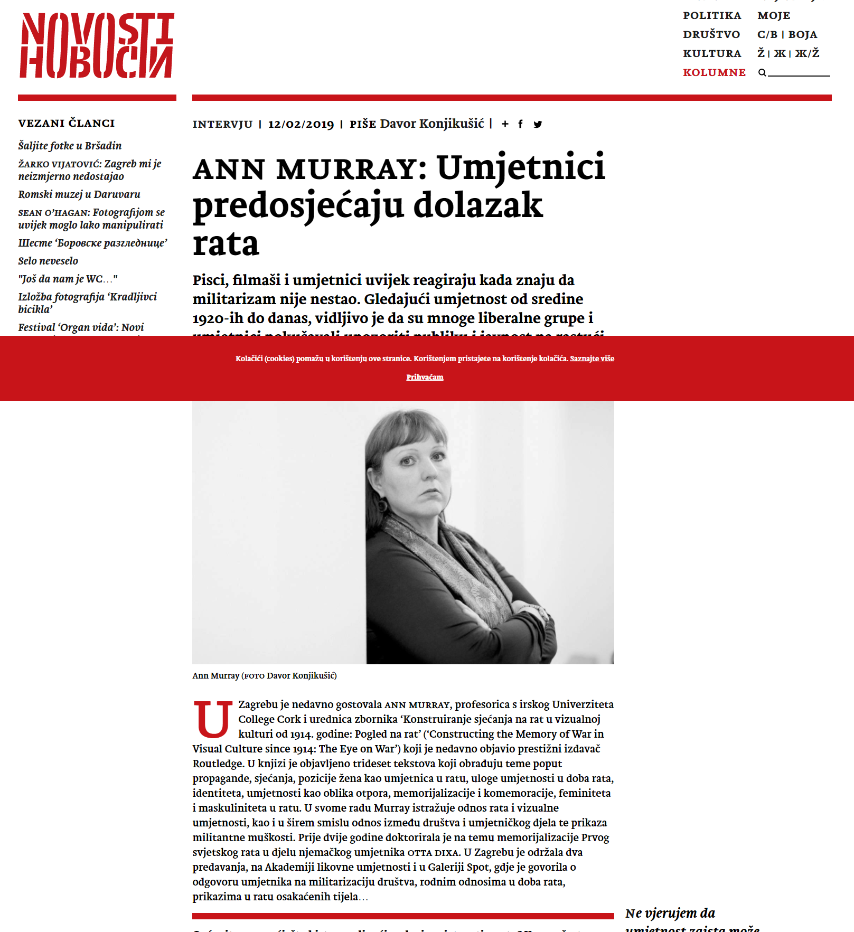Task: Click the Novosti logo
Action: (x=97, y=46)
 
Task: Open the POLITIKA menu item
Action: (x=712, y=16)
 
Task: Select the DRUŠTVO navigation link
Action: (x=711, y=35)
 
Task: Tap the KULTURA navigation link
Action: (x=712, y=54)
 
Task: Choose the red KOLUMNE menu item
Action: (x=714, y=73)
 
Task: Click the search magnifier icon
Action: (x=762, y=73)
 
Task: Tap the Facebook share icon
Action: (x=520, y=124)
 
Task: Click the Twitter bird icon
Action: (x=538, y=125)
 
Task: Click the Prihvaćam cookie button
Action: (x=425, y=377)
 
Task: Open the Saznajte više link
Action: (x=592, y=359)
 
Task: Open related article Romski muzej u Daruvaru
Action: (x=79, y=194)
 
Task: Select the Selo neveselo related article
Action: (x=48, y=261)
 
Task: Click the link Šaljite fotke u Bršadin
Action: (x=70, y=146)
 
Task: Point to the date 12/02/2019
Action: (x=301, y=124)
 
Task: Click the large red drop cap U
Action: (x=213, y=719)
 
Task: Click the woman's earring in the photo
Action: (x=382, y=505)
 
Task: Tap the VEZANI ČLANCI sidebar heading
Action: (x=67, y=123)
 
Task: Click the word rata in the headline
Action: (x=226, y=244)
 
